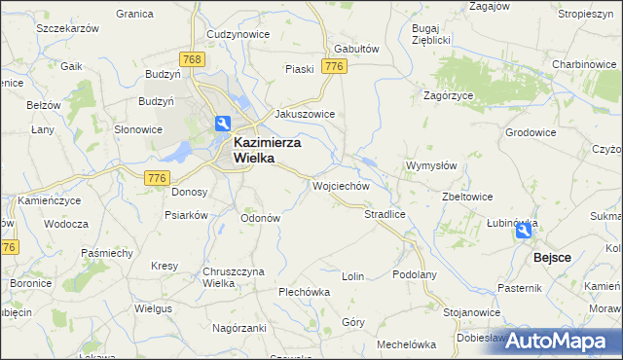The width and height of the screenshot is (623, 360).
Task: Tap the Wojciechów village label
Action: tap(341, 185)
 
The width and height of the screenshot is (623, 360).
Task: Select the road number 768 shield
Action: tap(193, 60)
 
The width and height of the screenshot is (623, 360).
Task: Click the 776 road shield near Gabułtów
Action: tap(335, 66)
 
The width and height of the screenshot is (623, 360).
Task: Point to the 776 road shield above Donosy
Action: tap(156, 177)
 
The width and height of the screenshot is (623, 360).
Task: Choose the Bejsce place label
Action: tap(552, 259)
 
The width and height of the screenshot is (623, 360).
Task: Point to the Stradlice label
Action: tap(385, 213)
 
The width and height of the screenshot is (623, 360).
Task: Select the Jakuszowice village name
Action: tap(305, 114)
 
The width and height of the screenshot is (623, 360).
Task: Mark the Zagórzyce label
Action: tap(449, 95)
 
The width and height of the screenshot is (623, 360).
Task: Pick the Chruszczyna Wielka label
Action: tap(206, 277)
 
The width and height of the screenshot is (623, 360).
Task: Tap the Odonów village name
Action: tap(261, 218)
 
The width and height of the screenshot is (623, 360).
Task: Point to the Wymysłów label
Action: tap(431, 165)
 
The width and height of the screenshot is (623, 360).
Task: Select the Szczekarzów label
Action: tap(68, 29)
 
